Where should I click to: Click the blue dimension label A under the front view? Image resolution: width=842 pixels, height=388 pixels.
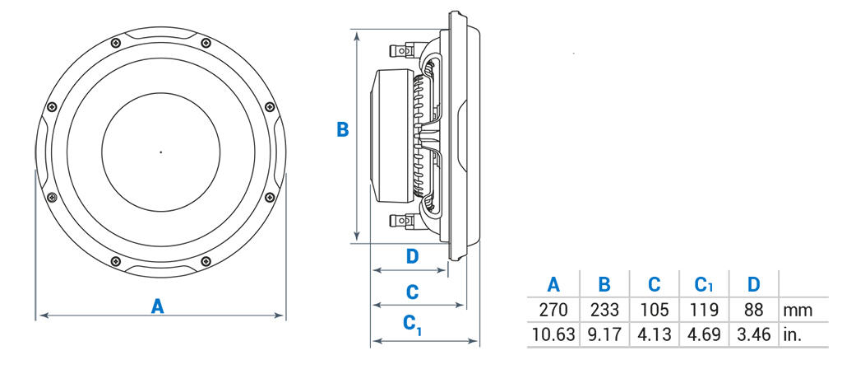point(158,306)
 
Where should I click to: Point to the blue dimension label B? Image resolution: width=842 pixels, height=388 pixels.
point(343,129)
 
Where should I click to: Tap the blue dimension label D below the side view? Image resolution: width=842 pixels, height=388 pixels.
point(413,256)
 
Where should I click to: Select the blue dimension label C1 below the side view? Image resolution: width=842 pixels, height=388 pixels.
point(413,325)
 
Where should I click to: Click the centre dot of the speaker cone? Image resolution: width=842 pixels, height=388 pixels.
point(160,152)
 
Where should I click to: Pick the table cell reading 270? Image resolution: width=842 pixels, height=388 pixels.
point(553,311)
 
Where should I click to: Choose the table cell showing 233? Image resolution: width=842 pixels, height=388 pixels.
point(604,311)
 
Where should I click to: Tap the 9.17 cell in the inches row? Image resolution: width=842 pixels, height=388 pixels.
point(604,335)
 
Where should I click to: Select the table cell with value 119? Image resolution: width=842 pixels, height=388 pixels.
point(704,311)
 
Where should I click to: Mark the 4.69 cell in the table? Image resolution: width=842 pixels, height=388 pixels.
point(704,335)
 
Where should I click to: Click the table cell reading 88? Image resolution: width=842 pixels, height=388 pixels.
point(753,311)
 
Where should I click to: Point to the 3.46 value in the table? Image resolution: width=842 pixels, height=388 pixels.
point(753,335)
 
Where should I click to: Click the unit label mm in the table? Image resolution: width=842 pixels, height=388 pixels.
point(798,311)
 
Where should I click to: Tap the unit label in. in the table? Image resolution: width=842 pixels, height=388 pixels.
point(793,335)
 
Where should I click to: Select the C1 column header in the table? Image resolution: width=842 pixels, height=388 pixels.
point(704,286)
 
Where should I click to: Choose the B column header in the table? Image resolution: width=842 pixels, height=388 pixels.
point(604,285)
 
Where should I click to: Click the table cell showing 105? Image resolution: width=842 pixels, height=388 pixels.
point(654,311)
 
